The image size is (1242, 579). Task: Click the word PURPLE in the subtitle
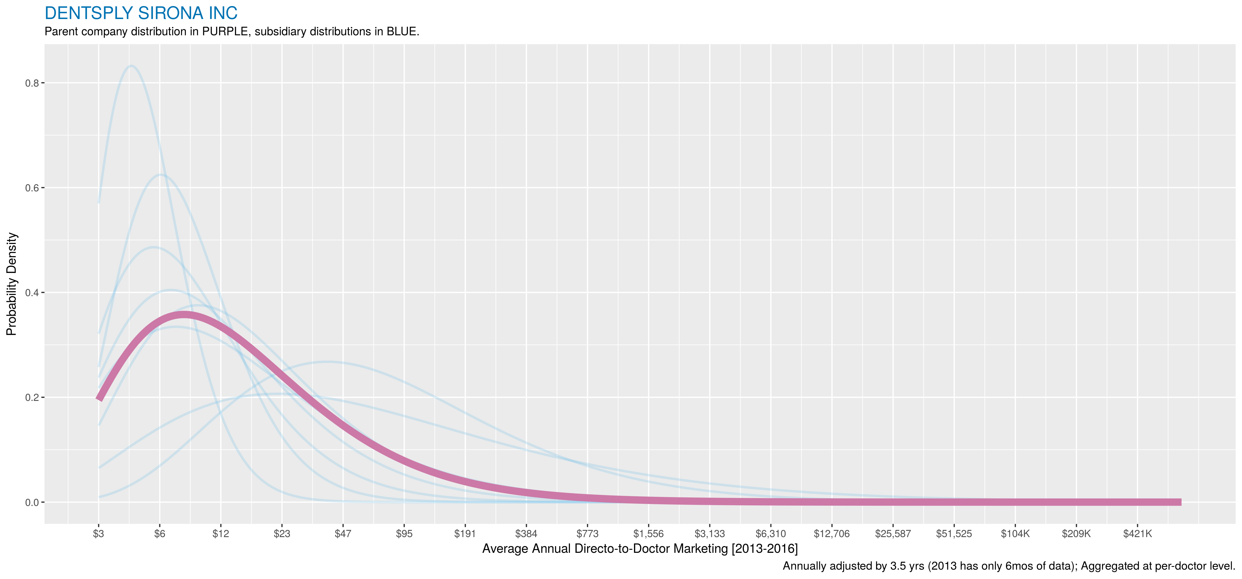coord(225,32)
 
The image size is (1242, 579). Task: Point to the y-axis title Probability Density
coord(12,284)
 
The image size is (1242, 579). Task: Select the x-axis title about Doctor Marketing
coord(640,549)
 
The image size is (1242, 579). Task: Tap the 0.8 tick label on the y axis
coord(32,83)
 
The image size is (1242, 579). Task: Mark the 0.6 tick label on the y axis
coord(32,188)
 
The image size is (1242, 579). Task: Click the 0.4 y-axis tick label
coord(32,293)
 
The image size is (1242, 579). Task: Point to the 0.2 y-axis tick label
coord(32,397)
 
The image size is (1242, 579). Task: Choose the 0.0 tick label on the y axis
coord(32,502)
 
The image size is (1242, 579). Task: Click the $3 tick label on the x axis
coord(98,534)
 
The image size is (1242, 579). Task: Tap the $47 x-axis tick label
coord(343,534)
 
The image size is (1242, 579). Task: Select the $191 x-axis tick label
coord(465,534)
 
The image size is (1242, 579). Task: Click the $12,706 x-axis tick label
coord(832,534)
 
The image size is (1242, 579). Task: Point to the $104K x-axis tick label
coord(1015,534)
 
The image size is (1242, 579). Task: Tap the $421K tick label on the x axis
coord(1137,534)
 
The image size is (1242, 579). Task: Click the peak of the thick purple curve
coord(183,315)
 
